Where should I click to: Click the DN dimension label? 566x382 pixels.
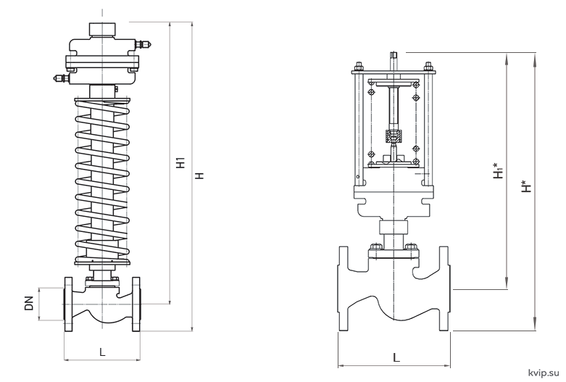coord(29,303)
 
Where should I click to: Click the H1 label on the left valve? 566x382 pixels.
coord(180,162)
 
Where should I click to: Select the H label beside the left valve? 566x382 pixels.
coord(199,176)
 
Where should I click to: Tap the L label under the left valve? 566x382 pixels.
coord(102,352)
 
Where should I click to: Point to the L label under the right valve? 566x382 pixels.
coord(396,357)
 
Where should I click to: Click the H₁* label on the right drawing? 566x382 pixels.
coord(499,170)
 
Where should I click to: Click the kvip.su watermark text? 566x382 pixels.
coord(544,373)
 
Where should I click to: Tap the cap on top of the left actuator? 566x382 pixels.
coord(102,30)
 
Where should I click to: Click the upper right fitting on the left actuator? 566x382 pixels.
coord(143,44)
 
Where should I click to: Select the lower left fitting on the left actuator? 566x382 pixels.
coord(62,78)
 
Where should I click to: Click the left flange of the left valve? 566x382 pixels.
coord(68,304)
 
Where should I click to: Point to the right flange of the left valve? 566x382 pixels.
coord(136,304)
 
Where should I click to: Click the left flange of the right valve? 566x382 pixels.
coord(344,288)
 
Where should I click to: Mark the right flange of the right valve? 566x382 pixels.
coord(445,288)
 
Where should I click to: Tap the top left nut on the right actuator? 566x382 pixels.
coord(359,67)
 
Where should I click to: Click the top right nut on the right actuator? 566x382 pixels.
coord(428,67)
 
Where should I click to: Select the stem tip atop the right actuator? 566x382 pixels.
coord(393,55)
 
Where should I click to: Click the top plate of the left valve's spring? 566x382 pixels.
coord(102,100)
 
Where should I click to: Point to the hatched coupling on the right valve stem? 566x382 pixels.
coord(393,136)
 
